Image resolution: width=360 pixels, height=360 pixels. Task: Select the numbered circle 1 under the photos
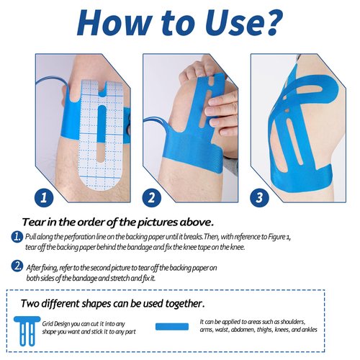click(44, 198)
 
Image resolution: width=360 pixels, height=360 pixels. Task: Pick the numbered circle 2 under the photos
click(152, 198)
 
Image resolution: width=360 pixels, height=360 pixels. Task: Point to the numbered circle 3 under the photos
click(259, 198)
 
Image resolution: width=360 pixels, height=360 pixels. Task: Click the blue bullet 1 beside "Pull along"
click(17, 237)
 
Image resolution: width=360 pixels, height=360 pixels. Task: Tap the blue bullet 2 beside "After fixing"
click(17, 266)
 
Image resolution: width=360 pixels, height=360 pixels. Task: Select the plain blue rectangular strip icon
click(172, 327)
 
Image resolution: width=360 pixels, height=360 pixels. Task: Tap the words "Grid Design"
click(56, 324)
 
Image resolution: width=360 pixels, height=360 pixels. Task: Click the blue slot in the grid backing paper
click(102, 124)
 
